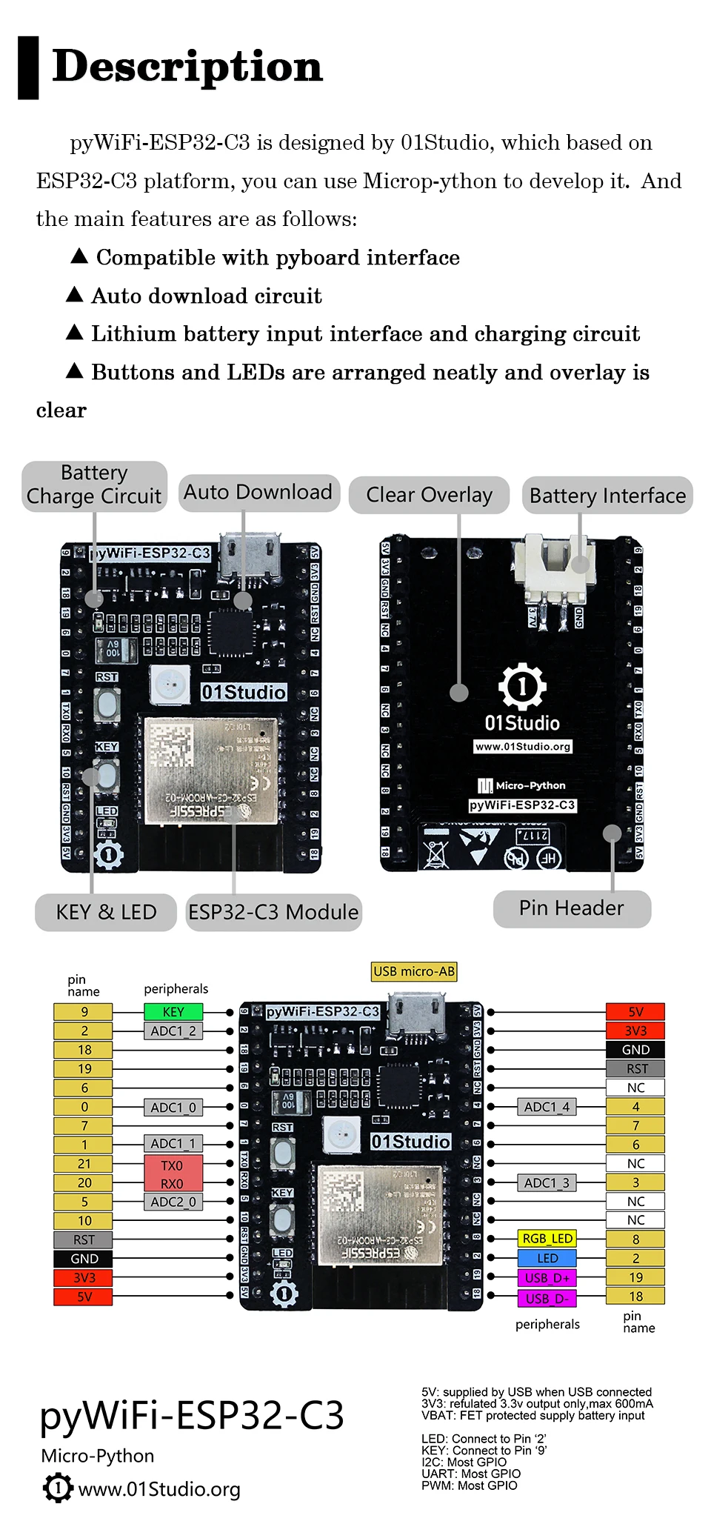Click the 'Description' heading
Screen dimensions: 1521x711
click(x=187, y=67)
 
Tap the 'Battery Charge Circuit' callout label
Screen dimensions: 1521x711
click(x=94, y=485)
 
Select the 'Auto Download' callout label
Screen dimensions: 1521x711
click(x=258, y=493)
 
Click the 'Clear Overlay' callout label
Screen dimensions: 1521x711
click(x=429, y=495)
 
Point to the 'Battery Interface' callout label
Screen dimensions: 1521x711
click(x=607, y=496)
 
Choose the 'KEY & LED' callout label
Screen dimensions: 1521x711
click(x=106, y=912)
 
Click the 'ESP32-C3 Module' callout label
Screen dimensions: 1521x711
click(x=273, y=912)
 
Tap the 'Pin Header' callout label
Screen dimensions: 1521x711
click(x=572, y=908)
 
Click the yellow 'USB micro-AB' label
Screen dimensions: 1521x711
click(x=414, y=971)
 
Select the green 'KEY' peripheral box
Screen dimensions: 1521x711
click(x=173, y=1012)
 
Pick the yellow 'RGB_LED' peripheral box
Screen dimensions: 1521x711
click(x=547, y=1239)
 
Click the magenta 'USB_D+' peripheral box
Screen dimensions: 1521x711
click(x=547, y=1278)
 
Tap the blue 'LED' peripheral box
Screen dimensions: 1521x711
click(x=547, y=1259)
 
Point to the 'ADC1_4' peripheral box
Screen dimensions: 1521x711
click(x=547, y=1107)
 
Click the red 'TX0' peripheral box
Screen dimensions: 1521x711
click(x=173, y=1166)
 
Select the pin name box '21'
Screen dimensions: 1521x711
click(x=84, y=1164)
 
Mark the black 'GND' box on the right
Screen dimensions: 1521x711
click(x=635, y=1050)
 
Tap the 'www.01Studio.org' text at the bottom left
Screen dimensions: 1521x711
click(x=158, y=1489)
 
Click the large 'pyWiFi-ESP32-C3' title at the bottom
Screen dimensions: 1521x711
click(x=192, y=1416)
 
